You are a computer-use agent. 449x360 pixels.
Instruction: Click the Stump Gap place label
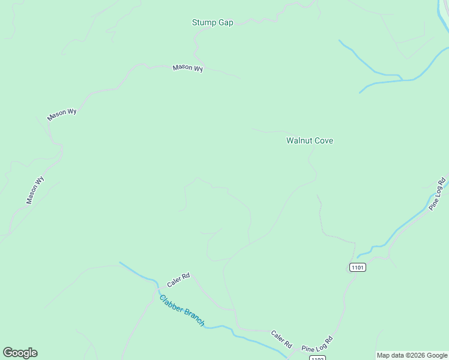pyautogui.click(x=212, y=23)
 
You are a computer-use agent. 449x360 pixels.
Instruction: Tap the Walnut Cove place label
pyautogui.click(x=309, y=141)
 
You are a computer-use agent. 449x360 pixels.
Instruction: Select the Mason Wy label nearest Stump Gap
pyautogui.click(x=188, y=68)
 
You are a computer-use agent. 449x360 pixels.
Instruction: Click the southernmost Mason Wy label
pyautogui.click(x=35, y=190)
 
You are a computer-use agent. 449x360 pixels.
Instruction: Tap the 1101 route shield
pyautogui.click(x=357, y=267)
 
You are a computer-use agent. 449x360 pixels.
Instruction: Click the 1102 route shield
pyautogui.click(x=318, y=358)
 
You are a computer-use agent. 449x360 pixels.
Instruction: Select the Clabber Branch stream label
pyautogui.click(x=182, y=310)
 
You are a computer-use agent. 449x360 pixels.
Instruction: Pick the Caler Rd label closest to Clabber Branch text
pyautogui.click(x=178, y=278)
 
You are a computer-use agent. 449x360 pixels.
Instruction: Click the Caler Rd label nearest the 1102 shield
pyautogui.click(x=281, y=340)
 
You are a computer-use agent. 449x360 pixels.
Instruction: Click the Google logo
pyautogui.click(x=20, y=353)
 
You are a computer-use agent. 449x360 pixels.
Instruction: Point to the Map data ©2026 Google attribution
pyautogui.click(x=412, y=355)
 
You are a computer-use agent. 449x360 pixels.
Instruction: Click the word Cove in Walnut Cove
pyautogui.click(x=322, y=141)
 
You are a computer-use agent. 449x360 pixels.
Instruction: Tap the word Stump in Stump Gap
pyautogui.click(x=203, y=23)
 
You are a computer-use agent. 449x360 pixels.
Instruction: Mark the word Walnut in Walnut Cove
pyautogui.click(x=298, y=141)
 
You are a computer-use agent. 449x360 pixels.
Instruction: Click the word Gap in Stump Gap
pyautogui.click(x=225, y=23)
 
